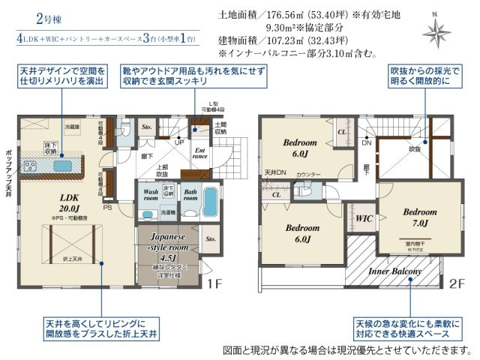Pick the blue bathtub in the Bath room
click(x=209, y=202)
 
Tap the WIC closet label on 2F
click(x=364, y=218)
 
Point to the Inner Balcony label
click(x=394, y=271)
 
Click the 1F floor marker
click(x=215, y=283)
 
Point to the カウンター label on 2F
click(x=307, y=175)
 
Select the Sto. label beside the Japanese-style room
click(x=210, y=240)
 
